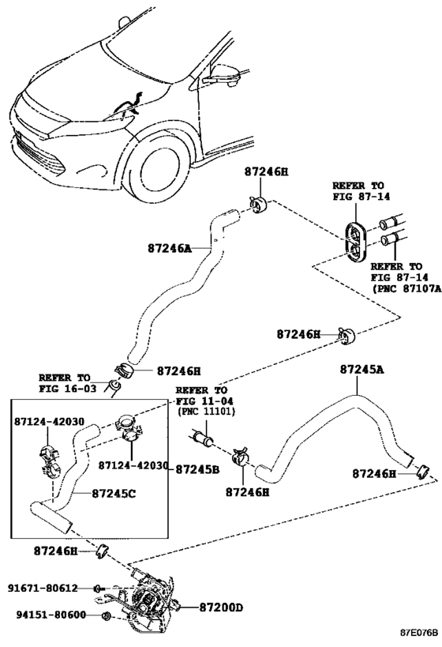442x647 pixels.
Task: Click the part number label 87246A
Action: pos(170,248)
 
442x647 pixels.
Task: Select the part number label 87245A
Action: pos(361,369)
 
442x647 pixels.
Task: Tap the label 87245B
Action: pos(197,469)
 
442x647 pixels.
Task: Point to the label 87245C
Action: pos(114,493)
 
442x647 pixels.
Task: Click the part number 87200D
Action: pos(222,608)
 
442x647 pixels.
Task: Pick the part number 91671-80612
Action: pos(43,588)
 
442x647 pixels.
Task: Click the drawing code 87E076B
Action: pos(418,633)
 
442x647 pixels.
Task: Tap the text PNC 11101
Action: pos(208,412)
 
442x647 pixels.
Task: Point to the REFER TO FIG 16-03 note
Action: pos(68,383)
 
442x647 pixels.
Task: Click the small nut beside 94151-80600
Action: pos(106,616)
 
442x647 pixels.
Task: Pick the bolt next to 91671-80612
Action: pos(99,589)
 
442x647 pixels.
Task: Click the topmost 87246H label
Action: pos(266,171)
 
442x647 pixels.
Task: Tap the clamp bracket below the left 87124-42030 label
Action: pos(50,459)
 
